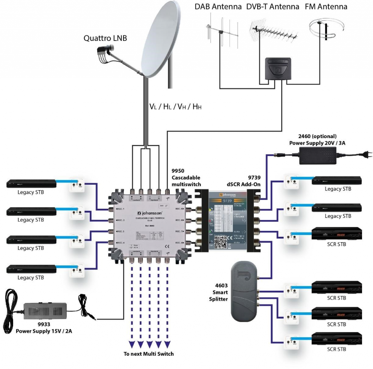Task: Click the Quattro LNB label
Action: tap(105, 38)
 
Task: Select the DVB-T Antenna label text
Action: tap(272, 7)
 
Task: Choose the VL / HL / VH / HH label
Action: tap(176, 107)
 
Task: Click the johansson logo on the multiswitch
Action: tap(149, 213)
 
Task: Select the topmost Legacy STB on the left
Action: tap(31, 183)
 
